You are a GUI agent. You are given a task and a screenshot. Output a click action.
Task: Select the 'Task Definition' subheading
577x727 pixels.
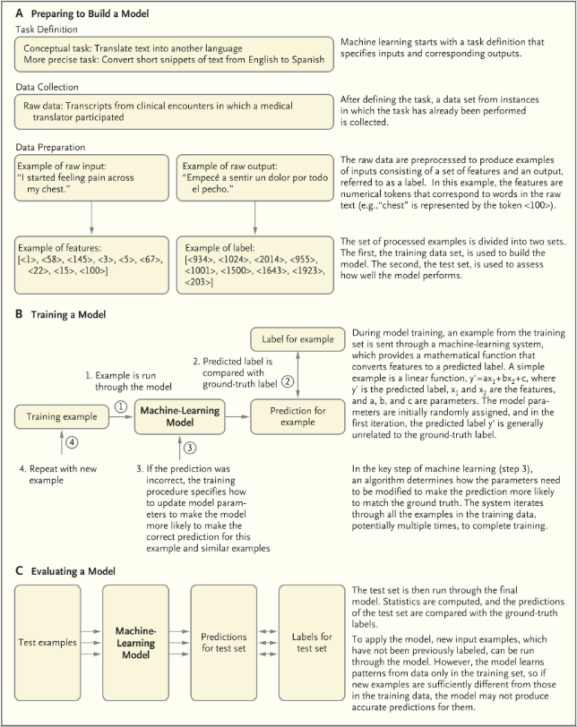[48, 29]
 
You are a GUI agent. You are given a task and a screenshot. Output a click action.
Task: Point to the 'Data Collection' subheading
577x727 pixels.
[50, 88]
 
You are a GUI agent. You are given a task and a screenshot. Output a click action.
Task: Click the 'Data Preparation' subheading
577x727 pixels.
[54, 146]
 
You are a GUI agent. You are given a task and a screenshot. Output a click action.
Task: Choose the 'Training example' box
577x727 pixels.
[56, 416]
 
